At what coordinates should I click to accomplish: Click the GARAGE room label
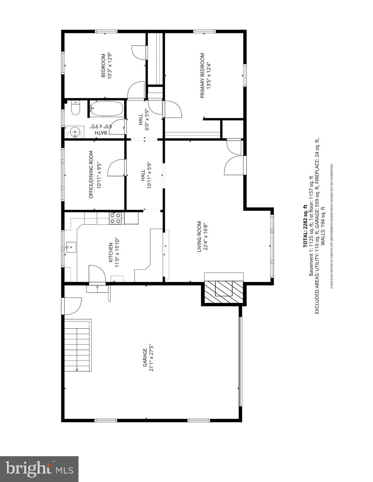click(145, 357)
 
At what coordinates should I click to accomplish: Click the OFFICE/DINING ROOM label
click(91, 174)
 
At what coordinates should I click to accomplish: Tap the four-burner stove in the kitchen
click(115, 218)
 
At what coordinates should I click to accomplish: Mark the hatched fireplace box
click(223, 292)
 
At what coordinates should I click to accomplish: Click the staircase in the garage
click(78, 345)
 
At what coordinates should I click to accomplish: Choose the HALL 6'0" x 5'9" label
click(143, 119)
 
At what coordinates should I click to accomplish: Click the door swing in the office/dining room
click(117, 168)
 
